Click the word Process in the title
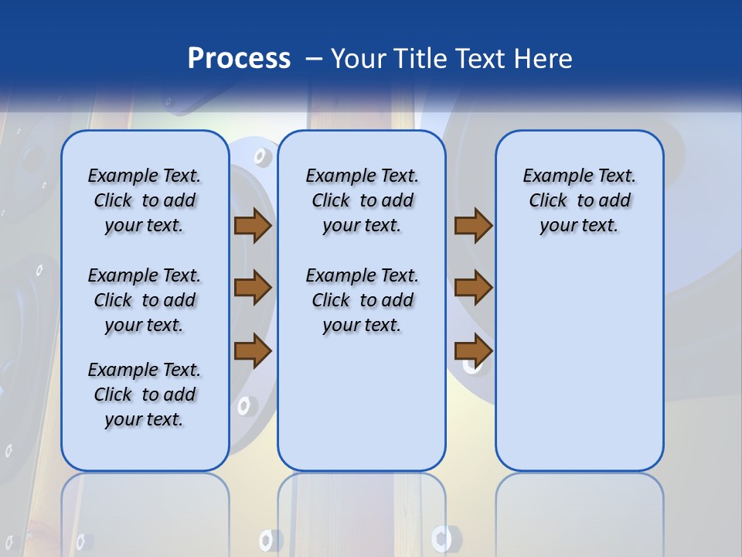[239, 59]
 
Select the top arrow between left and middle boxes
[252, 226]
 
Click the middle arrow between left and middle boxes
[252, 288]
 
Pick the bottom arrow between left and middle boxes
[252, 350]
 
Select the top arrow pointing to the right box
[473, 226]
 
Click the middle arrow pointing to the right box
[473, 288]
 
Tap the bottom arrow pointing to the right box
[473, 350]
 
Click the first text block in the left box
[145, 200]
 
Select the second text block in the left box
[145, 300]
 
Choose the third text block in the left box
[145, 395]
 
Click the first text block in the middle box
[362, 200]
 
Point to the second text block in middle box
[362, 300]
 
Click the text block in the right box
[580, 200]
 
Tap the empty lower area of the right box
[580, 371]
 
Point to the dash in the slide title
[314, 59]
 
